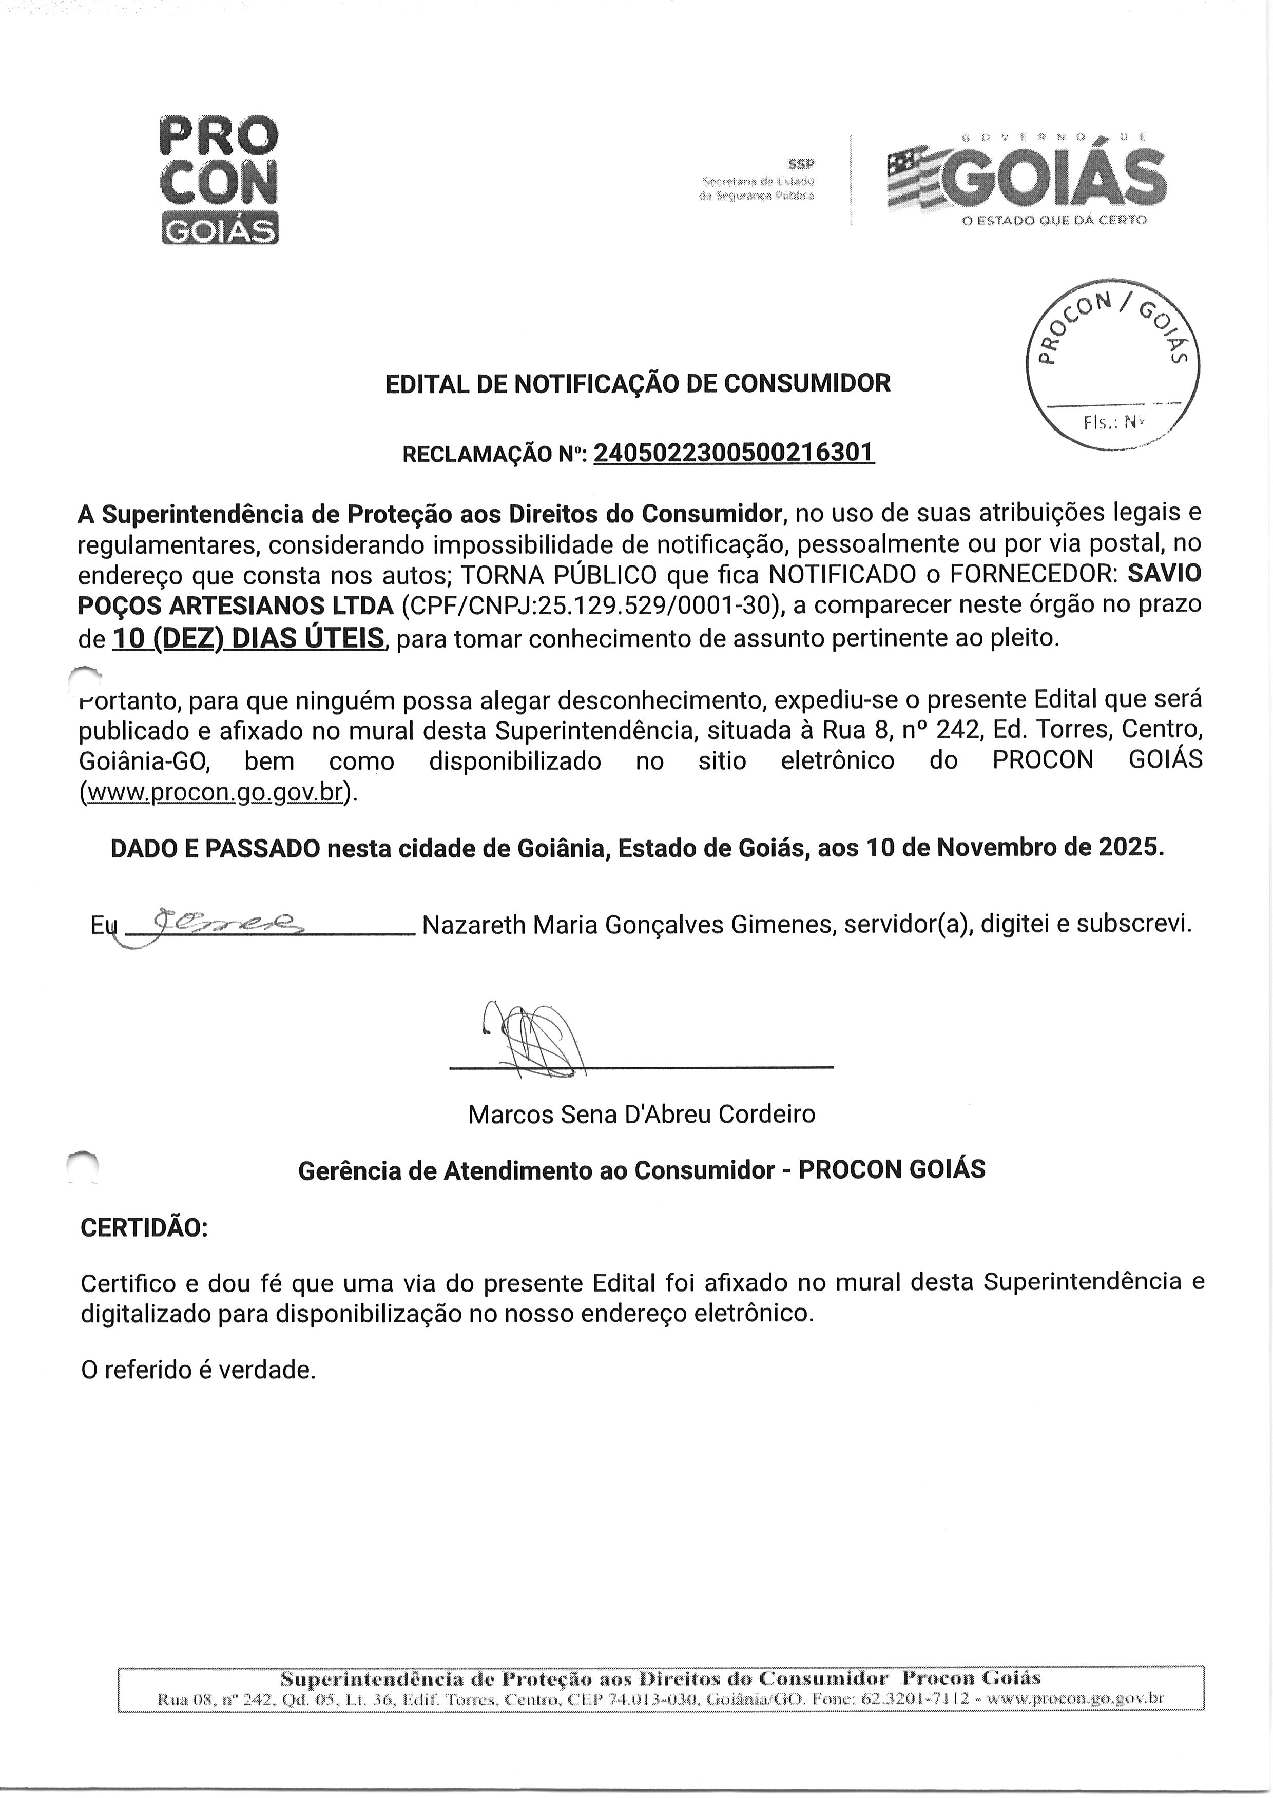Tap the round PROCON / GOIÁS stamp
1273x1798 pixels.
[1112, 365]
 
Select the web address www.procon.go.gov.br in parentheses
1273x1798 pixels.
[216, 792]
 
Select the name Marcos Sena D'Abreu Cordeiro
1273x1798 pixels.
[641, 1113]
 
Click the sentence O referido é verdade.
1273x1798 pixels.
[198, 1370]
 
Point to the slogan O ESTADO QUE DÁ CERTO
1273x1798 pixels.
[1054, 220]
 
